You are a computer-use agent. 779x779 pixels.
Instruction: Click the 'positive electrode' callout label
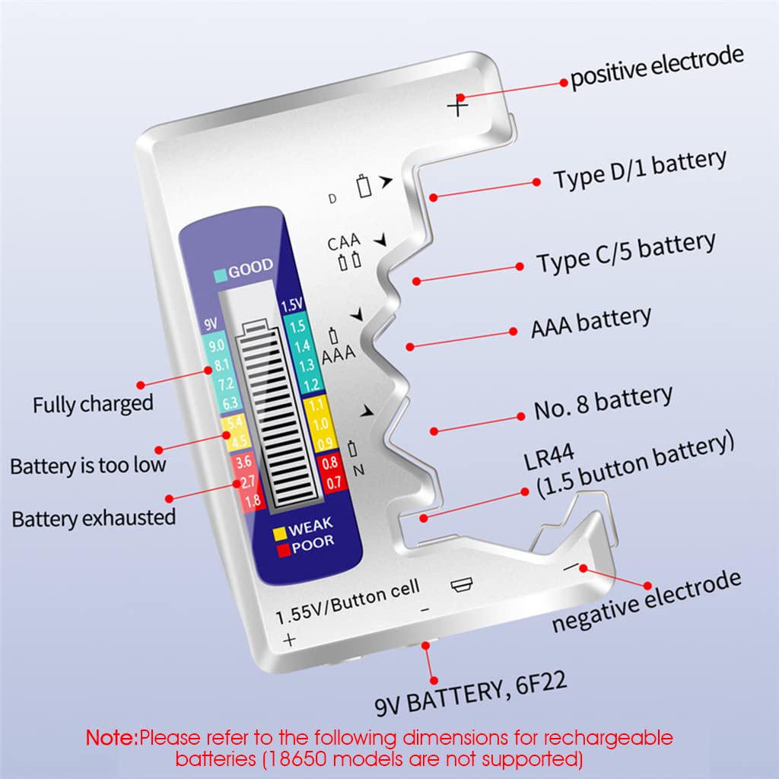coord(657,68)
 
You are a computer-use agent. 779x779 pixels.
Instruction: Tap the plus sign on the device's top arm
coord(457,105)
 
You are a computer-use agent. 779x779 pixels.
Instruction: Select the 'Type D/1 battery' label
coord(639,169)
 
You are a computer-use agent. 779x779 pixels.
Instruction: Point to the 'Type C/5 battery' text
coord(625,253)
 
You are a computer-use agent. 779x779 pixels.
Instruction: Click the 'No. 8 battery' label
coord(603,403)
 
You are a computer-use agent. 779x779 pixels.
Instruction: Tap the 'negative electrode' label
coord(646,602)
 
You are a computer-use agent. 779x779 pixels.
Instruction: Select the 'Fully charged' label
coord(93,404)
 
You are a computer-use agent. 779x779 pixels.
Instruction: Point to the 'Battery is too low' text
coord(87,465)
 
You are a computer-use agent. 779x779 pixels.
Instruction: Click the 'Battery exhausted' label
coord(94,519)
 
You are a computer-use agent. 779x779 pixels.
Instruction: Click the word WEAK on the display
coord(310,525)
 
